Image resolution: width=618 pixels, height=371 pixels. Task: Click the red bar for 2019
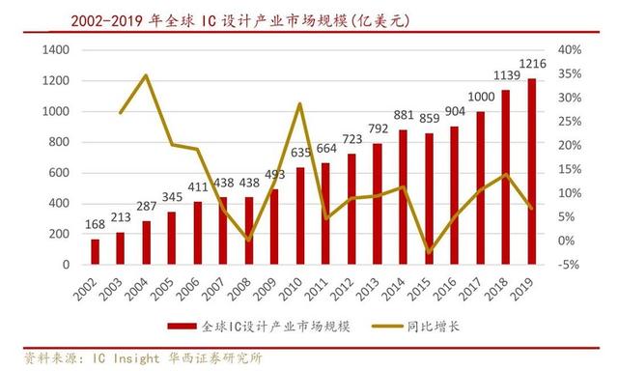click(532, 171)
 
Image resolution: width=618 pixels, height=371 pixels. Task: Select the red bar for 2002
click(96, 251)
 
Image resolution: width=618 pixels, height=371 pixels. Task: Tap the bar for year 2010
click(300, 215)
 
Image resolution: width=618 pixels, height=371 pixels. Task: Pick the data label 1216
click(532, 64)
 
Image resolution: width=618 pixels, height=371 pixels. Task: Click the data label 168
click(96, 224)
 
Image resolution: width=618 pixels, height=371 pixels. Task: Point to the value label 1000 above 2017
click(481, 97)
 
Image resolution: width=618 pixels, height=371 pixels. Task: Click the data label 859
click(429, 118)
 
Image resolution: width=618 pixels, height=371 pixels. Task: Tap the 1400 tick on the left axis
click(56, 50)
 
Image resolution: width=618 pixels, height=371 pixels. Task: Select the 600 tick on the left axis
click(59, 173)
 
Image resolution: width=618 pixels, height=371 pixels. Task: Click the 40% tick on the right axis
click(570, 50)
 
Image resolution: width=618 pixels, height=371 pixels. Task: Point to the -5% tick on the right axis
click(569, 265)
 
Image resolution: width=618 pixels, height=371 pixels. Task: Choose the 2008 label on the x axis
click(240, 289)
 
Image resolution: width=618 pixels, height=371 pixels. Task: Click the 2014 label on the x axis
click(394, 289)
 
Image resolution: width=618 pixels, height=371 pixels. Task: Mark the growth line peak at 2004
click(146, 75)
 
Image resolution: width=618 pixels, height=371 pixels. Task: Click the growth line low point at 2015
click(429, 252)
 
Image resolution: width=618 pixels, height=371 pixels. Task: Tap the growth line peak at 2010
click(300, 104)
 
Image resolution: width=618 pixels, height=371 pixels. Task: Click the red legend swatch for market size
click(182, 326)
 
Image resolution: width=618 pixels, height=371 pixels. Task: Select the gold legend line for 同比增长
click(386, 326)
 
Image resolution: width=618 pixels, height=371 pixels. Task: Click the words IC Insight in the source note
click(126, 358)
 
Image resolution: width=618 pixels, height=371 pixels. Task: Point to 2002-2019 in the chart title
click(106, 21)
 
